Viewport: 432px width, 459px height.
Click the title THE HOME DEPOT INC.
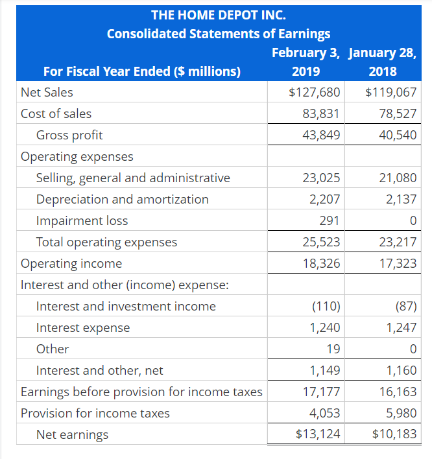[x=218, y=14]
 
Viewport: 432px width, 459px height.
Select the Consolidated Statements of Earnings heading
[x=218, y=34]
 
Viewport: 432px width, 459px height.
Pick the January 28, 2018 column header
[x=383, y=62]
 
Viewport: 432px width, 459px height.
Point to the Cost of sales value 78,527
[x=398, y=113]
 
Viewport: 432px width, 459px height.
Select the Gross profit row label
[x=69, y=135]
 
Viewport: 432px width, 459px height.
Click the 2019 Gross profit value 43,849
[x=321, y=135]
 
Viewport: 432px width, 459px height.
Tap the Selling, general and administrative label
[x=133, y=178]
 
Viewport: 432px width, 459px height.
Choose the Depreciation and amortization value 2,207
[x=326, y=199]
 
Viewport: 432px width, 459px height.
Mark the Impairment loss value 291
[x=330, y=220]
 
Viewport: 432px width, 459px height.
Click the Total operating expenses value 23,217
[x=398, y=242]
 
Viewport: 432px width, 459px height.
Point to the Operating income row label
[x=71, y=263]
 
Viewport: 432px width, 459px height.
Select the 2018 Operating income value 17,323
[x=398, y=263]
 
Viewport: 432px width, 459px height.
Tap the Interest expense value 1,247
[x=402, y=327]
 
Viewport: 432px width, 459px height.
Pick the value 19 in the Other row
[x=333, y=349]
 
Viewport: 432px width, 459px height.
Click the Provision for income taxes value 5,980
[x=402, y=413]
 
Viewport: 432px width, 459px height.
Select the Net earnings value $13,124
[x=317, y=434]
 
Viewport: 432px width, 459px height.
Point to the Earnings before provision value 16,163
[x=398, y=392]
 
